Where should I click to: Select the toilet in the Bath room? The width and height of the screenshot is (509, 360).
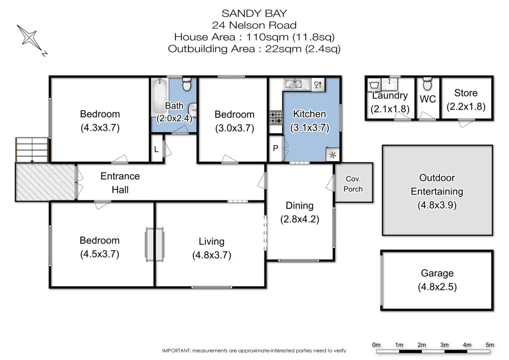pyautogui.click(x=186, y=85)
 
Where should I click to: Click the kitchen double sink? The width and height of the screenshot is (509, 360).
pyautogui.click(x=297, y=84)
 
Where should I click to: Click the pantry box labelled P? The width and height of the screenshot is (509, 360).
pyautogui.click(x=275, y=148)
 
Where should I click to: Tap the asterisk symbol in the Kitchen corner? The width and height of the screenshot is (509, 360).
pyautogui.click(x=333, y=155)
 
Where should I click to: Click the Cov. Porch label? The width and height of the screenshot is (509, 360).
pyautogui.click(x=353, y=183)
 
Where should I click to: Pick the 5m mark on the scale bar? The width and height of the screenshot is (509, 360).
pyautogui.click(x=490, y=345)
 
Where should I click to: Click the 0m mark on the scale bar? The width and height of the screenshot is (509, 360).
pyautogui.click(x=376, y=345)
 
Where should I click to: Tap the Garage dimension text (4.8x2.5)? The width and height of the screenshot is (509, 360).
pyautogui.click(x=437, y=287)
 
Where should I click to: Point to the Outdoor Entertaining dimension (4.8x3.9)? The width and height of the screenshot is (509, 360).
pyautogui.click(x=437, y=204)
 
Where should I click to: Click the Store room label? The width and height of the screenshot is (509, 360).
pyautogui.click(x=466, y=93)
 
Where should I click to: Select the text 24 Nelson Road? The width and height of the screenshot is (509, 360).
pyautogui.click(x=254, y=25)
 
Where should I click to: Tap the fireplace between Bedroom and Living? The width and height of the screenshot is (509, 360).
pyautogui.click(x=154, y=242)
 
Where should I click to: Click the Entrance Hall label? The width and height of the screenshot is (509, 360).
pyautogui.click(x=120, y=182)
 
